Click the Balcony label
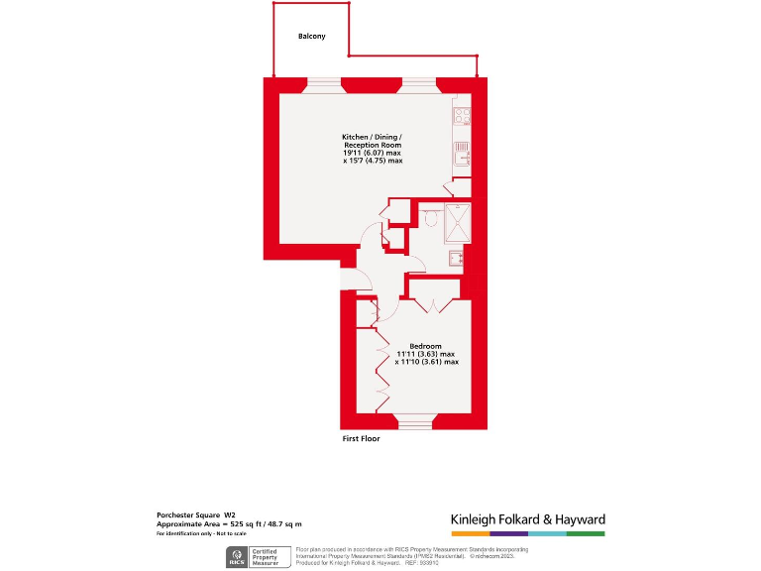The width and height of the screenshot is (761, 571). coord(311,37)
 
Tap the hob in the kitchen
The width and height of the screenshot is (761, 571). coord(462,116)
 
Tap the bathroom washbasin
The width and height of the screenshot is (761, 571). coord(455,259)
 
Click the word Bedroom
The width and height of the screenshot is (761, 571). coord(426,346)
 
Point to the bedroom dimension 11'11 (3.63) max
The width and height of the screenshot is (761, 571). coord(426,354)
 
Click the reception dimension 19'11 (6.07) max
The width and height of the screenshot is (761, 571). coord(373,153)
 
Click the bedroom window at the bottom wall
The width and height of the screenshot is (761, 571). coord(415,422)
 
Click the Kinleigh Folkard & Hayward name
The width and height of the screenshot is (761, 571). coord(527,519)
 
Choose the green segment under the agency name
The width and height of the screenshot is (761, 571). coord(586,534)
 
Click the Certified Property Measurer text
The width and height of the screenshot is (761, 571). coord(265,556)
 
